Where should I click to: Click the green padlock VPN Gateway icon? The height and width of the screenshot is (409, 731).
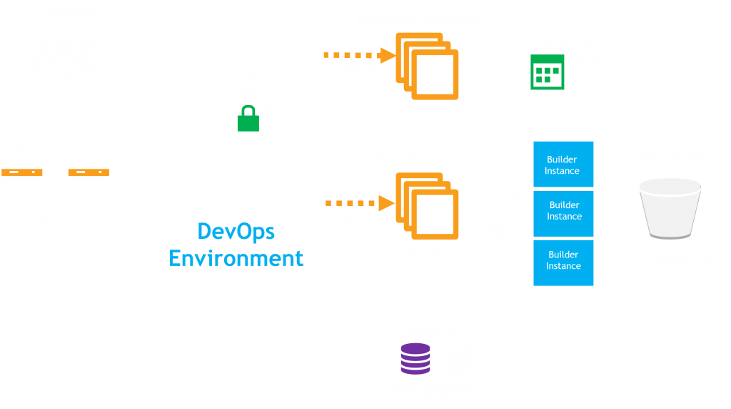coord(247,119)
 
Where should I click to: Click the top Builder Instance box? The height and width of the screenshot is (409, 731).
coord(563,165)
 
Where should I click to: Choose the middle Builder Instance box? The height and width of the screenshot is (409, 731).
coord(563,211)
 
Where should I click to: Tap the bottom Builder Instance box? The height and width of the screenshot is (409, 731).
coord(563,261)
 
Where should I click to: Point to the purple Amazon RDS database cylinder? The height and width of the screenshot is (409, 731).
coord(415,358)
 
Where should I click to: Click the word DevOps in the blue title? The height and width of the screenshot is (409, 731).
coord(236,232)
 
